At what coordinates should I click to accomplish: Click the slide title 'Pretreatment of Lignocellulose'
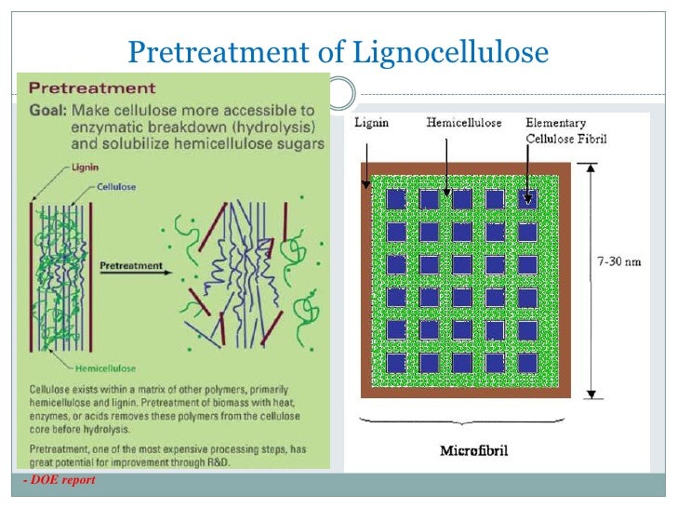click(x=338, y=53)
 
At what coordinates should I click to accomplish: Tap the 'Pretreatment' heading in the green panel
click(x=92, y=89)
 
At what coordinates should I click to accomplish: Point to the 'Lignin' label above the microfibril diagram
click(x=369, y=123)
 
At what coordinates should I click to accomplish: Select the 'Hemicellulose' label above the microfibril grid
click(x=463, y=123)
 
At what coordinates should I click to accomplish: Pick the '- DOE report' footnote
click(x=60, y=480)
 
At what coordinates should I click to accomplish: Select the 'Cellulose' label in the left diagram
click(x=117, y=187)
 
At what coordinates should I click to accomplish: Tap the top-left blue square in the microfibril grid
click(x=397, y=199)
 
